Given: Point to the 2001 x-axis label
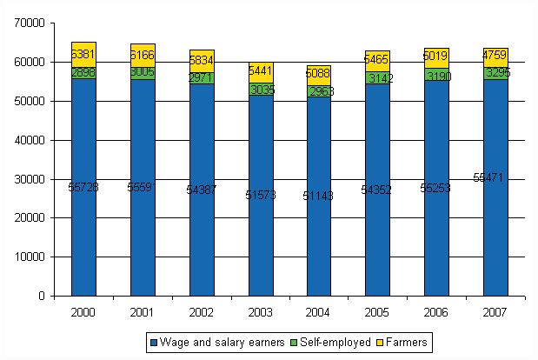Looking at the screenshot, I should tap(143, 311).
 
